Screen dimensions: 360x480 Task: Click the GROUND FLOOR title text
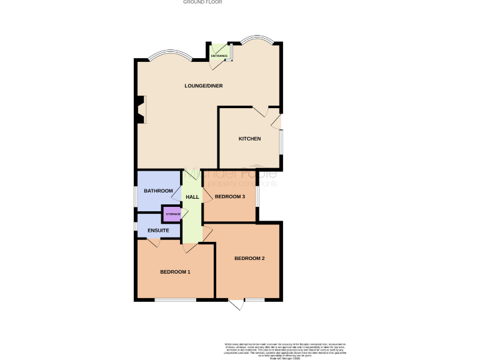[202, 2]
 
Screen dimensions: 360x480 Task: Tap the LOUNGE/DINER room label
[203, 85]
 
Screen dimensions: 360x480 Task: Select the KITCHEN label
[249, 138]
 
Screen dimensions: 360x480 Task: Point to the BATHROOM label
[158, 191]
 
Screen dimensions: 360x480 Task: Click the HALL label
[192, 197]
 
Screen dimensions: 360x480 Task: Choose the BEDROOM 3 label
[229, 197]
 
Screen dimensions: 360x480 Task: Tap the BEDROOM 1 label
[175, 272]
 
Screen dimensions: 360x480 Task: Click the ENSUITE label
[158, 231]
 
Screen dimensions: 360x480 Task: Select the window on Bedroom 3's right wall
[257, 196]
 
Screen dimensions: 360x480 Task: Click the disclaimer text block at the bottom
[285, 350]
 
